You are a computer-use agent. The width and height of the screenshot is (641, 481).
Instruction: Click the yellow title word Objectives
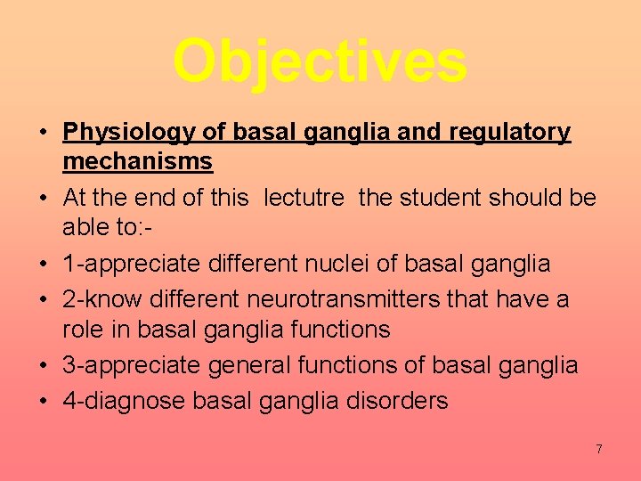tap(320, 61)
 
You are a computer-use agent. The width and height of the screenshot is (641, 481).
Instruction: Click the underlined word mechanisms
tap(137, 161)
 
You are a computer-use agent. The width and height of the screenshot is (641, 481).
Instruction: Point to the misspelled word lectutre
tap(303, 198)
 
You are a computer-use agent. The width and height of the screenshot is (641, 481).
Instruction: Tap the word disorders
tap(397, 401)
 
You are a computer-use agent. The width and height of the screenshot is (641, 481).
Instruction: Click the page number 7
tap(599, 449)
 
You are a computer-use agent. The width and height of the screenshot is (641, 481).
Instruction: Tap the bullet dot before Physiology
tap(43, 134)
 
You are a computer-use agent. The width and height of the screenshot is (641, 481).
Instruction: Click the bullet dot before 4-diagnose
tap(43, 402)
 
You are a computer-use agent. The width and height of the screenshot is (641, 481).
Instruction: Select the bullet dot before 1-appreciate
tap(43, 265)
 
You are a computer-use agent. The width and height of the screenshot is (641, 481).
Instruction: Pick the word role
tap(83, 329)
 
